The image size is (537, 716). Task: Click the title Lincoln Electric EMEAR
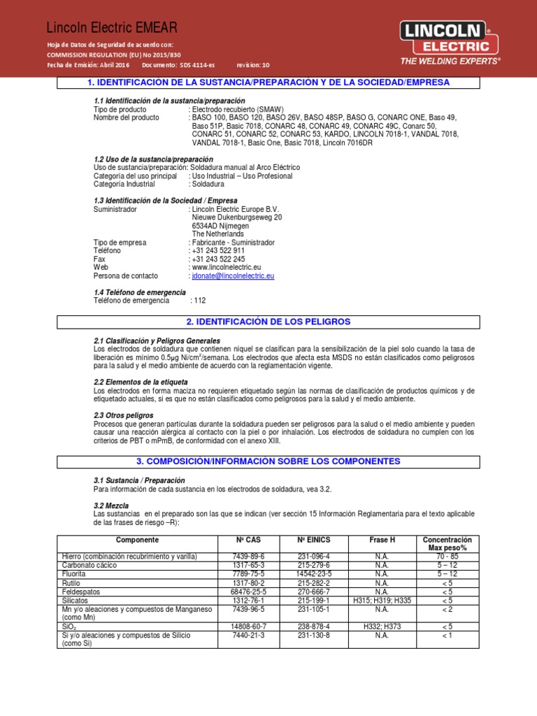pyautogui.click(x=112, y=28)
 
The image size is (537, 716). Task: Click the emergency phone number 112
pyautogui.click(x=199, y=300)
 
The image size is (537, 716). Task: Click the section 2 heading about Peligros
pyautogui.click(x=268, y=322)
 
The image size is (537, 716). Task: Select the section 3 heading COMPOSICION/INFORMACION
pyautogui.click(x=268, y=461)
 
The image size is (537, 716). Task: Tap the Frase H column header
pyautogui.click(x=382, y=540)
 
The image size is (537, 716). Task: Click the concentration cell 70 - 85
pyautogui.click(x=447, y=556)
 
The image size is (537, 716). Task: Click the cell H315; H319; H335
pyautogui.click(x=382, y=601)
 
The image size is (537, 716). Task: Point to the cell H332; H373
pyautogui.click(x=382, y=626)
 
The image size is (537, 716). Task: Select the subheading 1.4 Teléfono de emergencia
pyautogui.click(x=140, y=292)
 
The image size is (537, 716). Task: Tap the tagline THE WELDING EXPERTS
pyautogui.click(x=450, y=62)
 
